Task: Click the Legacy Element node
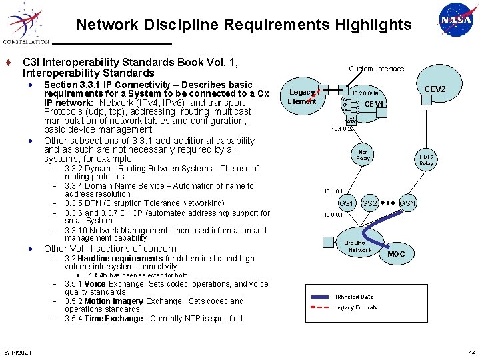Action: (302, 97)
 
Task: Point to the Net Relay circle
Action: (363, 154)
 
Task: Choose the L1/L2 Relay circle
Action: (426, 159)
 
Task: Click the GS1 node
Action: (347, 203)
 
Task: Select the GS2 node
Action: (370, 203)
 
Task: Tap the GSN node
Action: (408, 203)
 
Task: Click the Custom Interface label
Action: (376, 69)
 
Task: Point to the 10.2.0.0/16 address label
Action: (365, 94)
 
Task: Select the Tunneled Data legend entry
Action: (354, 297)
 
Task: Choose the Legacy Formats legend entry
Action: (355, 307)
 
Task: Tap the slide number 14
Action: (471, 352)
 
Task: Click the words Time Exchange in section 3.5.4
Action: (103, 319)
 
